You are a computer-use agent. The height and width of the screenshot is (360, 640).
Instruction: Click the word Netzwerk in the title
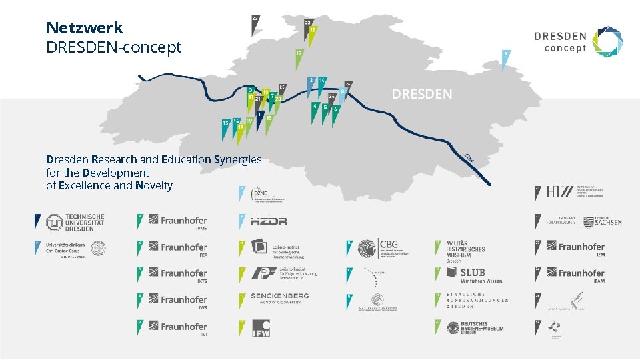coord(85,28)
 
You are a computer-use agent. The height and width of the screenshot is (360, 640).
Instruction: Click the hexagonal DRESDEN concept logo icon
coord(608,41)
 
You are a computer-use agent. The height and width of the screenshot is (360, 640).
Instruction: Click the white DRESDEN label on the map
coord(421,94)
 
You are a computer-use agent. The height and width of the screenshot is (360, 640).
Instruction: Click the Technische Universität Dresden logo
coord(75,221)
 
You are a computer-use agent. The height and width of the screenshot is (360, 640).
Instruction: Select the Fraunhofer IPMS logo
coord(177,221)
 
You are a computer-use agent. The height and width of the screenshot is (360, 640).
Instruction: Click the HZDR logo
coord(269,221)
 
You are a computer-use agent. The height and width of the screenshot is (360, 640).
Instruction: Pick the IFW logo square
coord(261,328)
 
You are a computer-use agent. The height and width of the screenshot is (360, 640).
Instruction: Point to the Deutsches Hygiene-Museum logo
coord(475,327)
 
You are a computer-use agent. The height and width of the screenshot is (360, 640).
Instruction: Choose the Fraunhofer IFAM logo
coord(581,273)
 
